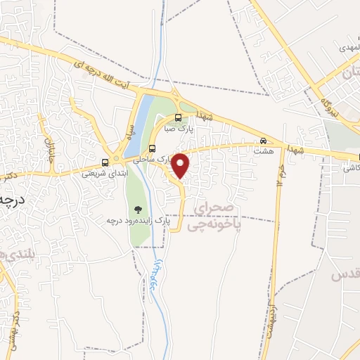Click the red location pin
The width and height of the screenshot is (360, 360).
[x=181, y=166]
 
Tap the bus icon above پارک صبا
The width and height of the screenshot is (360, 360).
[x=178, y=117]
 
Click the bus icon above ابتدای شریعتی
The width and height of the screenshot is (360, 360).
[x=105, y=161]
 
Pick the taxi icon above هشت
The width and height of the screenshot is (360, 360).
[x=264, y=140]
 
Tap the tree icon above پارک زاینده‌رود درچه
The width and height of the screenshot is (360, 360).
[x=138, y=209]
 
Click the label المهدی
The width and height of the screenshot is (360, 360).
[x=347, y=46]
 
